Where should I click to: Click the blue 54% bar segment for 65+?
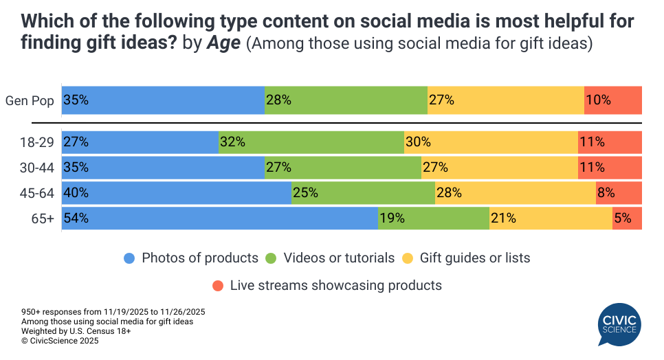point(220,219)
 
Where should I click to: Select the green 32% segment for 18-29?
point(311,142)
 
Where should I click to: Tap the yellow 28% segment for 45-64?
point(515,193)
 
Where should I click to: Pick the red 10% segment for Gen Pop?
point(612,100)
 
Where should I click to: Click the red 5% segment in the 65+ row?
point(627,219)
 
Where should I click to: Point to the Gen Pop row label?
point(30,100)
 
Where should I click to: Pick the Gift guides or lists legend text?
point(475,258)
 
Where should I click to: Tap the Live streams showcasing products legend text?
point(335,284)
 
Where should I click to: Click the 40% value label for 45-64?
point(76,193)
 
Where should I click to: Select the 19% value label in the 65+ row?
point(392,219)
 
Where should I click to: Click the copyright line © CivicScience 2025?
point(60,340)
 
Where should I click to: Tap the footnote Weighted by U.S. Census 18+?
point(76,330)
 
